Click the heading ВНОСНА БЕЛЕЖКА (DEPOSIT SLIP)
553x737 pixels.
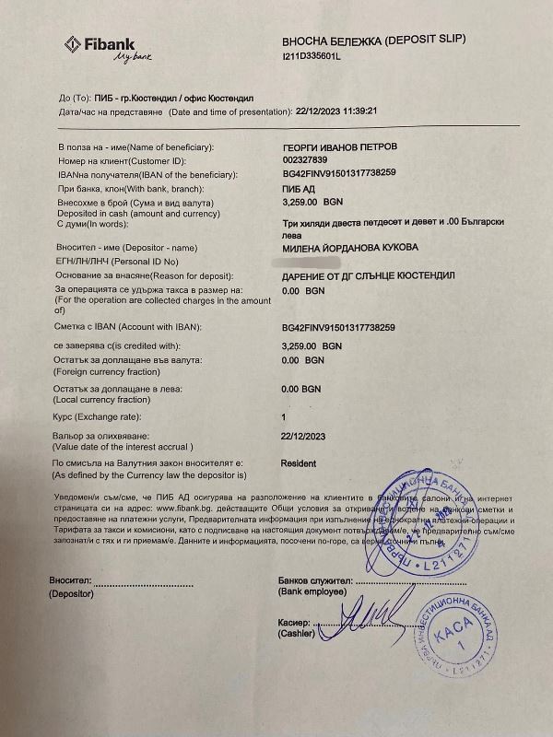(374, 42)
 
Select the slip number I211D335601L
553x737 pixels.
(312, 56)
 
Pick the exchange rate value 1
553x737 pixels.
(283, 416)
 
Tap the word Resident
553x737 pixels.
(298, 463)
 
